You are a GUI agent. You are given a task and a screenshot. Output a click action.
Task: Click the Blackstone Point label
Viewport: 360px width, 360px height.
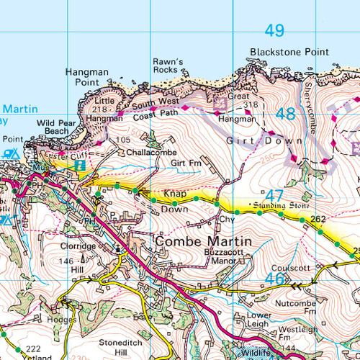pos(289,53)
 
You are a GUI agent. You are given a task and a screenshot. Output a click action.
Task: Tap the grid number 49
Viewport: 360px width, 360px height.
pos(274,31)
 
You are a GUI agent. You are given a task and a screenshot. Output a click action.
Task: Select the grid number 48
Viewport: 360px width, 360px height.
pos(285,114)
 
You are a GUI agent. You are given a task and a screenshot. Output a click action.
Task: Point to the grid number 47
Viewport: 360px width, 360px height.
pos(274,196)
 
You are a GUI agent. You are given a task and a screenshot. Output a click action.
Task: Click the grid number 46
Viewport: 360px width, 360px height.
pos(274,278)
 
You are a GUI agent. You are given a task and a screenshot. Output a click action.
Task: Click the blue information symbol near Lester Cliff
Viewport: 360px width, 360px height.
pos(81,165)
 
